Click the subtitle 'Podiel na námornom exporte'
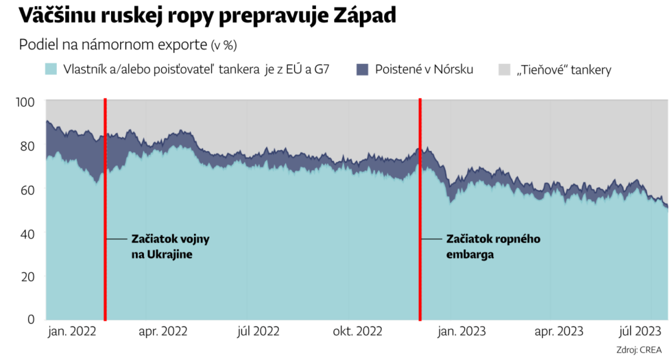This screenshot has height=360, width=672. [x=112, y=45]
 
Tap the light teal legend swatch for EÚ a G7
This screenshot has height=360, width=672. [x=51, y=69]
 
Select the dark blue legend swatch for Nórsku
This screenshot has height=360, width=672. [x=363, y=69]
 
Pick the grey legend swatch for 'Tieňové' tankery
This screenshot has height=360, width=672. [x=504, y=69]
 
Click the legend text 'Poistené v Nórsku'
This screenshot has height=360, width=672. [x=424, y=69]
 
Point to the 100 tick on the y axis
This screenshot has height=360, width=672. [x=25, y=102]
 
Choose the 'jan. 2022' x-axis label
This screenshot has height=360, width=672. [x=72, y=332]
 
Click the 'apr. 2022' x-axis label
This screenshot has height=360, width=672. [x=163, y=332]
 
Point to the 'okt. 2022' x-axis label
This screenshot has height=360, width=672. [x=357, y=332]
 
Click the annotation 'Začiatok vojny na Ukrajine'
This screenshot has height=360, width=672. [x=170, y=246]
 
